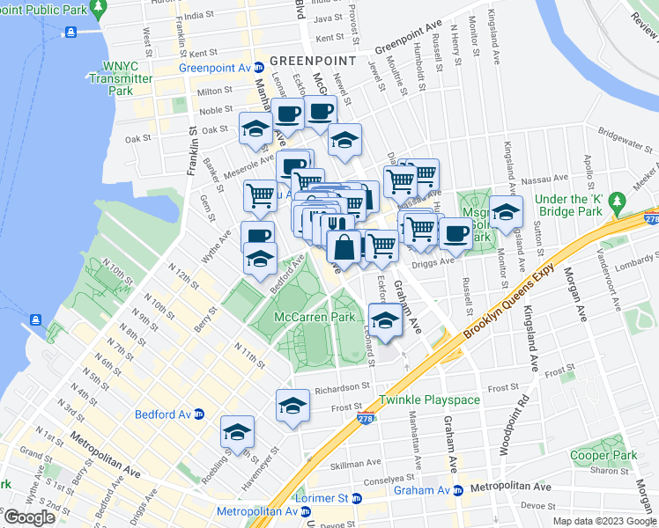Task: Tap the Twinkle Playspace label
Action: pyautogui.click(x=430, y=400)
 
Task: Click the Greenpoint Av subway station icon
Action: pyautogui.click(x=259, y=68)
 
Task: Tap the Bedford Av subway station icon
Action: pyautogui.click(x=199, y=414)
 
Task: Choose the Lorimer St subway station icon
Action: pyautogui.click(x=356, y=498)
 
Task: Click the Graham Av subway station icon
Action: pyautogui.click(x=457, y=490)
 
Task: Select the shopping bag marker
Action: pyautogui.click(x=344, y=248)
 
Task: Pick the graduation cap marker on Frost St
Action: pyautogui.click(x=293, y=406)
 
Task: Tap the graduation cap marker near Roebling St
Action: pyautogui.click(x=237, y=432)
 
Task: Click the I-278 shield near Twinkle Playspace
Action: pyautogui.click(x=366, y=420)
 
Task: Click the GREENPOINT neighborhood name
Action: pyautogui.click(x=313, y=60)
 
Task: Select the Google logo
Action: pyautogui.click(x=29, y=517)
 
